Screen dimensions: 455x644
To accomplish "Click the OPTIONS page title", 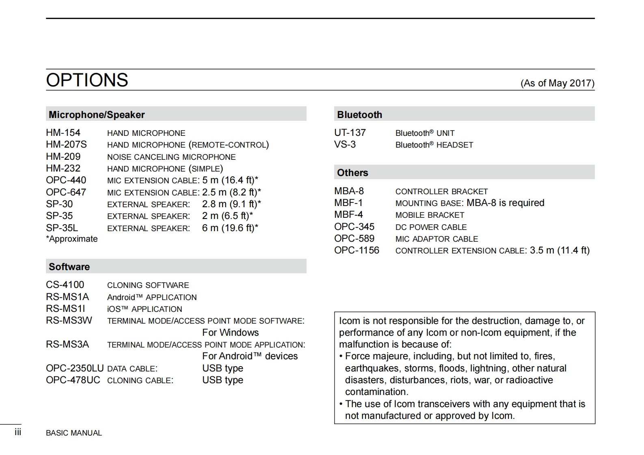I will pyautogui.click(x=87, y=80).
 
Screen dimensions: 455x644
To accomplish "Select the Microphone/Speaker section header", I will pyautogui.click(x=97, y=115).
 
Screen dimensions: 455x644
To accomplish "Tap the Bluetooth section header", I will pyautogui.click(x=359, y=115).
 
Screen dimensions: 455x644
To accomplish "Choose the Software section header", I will pyautogui.click(x=69, y=267).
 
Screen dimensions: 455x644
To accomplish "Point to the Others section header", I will pyautogui.click(x=352, y=173).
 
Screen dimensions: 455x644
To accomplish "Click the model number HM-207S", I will pyautogui.click(x=66, y=145).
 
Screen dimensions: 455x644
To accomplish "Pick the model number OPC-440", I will pyautogui.click(x=66, y=180).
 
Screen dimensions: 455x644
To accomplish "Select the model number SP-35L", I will pyautogui.click(x=62, y=228).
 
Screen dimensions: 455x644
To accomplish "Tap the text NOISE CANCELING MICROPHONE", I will pyautogui.click(x=171, y=157).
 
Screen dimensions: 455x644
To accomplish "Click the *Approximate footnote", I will pyautogui.click(x=72, y=239).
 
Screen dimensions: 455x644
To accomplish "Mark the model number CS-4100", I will pyautogui.click(x=65, y=285).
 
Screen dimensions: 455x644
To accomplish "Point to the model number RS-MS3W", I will pyautogui.click(x=69, y=320).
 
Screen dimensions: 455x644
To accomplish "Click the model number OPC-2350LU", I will pyautogui.click(x=75, y=368).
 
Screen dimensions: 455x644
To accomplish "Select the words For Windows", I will pyautogui.click(x=230, y=333).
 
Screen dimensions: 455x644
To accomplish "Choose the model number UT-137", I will pyautogui.click(x=350, y=133).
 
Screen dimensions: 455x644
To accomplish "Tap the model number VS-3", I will pyautogui.click(x=345, y=145).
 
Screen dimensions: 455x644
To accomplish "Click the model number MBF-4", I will pyautogui.click(x=348, y=215).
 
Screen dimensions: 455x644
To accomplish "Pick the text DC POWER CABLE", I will pyautogui.click(x=431, y=227).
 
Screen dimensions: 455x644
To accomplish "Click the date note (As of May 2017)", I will pyautogui.click(x=557, y=83).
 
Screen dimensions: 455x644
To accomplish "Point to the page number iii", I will pyautogui.click(x=18, y=432).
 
